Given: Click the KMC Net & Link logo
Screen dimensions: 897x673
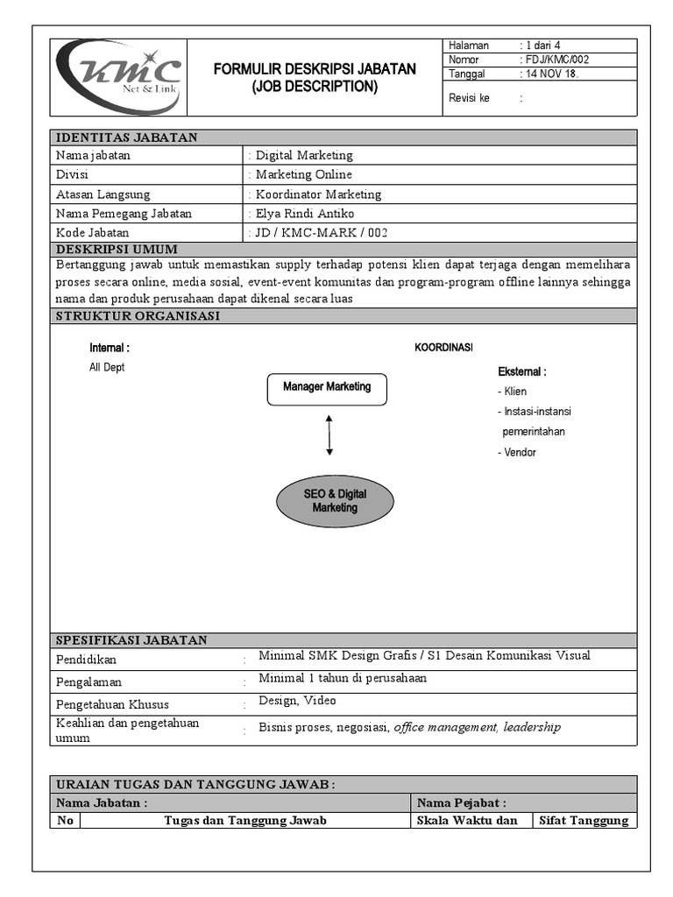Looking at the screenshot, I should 118,77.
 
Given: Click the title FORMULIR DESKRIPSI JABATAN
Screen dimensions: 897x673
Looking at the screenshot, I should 315,69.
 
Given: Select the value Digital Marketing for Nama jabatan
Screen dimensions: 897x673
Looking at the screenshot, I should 304,155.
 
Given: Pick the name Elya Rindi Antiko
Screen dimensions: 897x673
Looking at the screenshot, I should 305,214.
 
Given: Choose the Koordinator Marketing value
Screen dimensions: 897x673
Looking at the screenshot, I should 318,194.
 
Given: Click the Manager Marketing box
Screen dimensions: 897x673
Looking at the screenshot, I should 327,387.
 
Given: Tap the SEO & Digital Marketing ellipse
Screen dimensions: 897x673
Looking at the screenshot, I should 335,501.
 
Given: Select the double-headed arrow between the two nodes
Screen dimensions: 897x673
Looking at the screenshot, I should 329,435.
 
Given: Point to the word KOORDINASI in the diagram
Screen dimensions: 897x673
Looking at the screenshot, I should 443,348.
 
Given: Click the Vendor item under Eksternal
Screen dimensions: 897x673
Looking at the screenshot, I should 518,453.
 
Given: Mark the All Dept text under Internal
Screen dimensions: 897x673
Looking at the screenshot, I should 107,368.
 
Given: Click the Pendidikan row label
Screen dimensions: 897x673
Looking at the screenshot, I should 86,660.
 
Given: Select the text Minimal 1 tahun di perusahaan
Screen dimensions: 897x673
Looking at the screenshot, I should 343,678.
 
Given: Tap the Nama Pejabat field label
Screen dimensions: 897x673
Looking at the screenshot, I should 461,802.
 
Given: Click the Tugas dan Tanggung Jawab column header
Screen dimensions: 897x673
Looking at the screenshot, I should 245,821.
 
